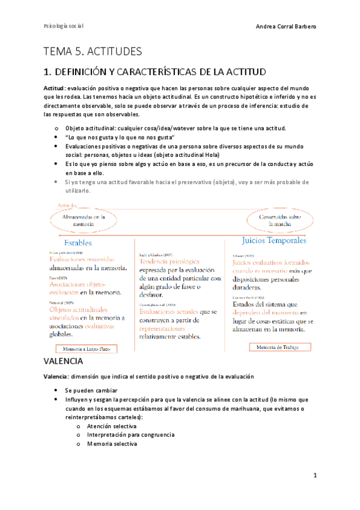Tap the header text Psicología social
tap(64, 27)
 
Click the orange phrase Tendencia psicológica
tap(169, 262)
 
